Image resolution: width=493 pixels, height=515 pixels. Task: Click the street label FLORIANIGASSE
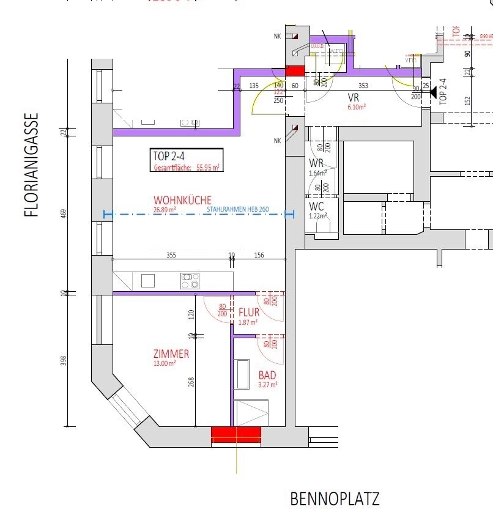[x=31, y=165]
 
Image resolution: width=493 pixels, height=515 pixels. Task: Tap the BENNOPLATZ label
[x=335, y=498]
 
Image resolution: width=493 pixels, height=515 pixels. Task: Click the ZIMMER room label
[x=171, y=354]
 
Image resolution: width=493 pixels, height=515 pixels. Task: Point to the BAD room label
[x=267, y=375]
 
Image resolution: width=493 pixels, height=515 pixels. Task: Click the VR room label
[x=353, y=98]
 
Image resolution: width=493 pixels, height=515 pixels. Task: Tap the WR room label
[x=316, y=163]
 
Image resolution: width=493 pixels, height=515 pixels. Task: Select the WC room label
[x=316, y=206]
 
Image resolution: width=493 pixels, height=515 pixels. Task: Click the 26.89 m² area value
[x=165, y=210]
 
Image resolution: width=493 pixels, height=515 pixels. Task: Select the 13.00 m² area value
[x=165, y=363]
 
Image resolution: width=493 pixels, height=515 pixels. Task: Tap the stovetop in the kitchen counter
[x=190, y=281]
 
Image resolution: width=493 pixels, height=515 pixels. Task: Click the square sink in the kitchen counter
[x=148, y=281]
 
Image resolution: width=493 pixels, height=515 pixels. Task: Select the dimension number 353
[x=363, y=86]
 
